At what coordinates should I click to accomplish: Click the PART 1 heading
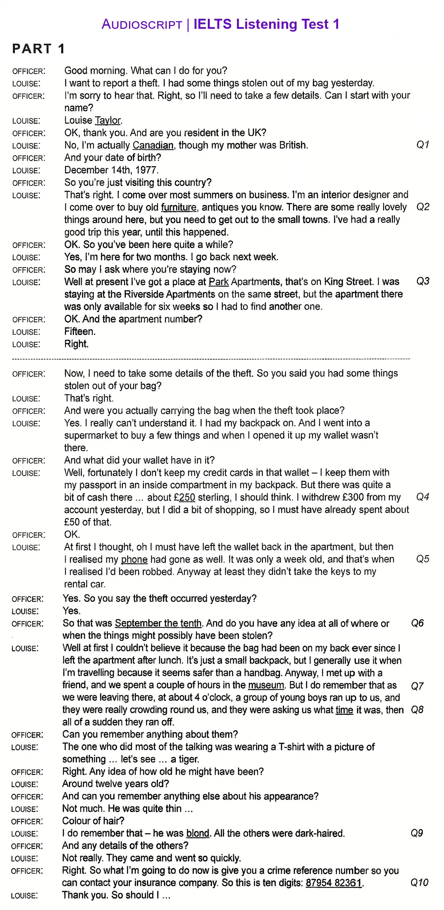point(39,49)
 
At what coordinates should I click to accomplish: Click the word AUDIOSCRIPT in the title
point(142,25)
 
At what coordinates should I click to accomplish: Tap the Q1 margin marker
point(423,144)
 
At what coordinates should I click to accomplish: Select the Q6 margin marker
point(418,623)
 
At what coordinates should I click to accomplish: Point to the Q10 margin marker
point(419,883)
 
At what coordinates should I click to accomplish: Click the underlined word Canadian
point(153,145)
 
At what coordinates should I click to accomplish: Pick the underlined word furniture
point(179,207)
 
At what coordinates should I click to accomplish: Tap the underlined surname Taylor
point(108,120)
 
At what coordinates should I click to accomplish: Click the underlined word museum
point(266,685)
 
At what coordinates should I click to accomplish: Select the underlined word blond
point(198,833)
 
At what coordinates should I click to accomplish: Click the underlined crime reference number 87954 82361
point(334,883)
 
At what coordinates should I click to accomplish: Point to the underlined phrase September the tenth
point(158,623)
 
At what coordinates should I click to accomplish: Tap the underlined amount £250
point(184,497)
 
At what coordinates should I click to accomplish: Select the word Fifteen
point(80,331)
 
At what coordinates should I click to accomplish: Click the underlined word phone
point(134,559)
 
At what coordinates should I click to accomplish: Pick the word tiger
point(189,759)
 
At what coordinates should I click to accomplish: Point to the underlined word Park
point(219,282)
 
